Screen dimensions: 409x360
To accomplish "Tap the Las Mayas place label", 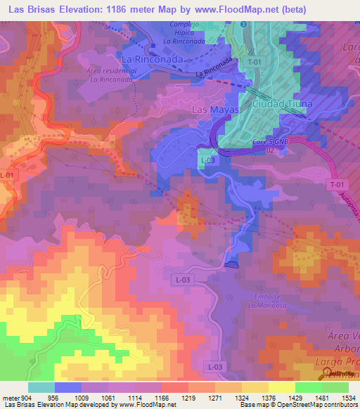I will (215, 111).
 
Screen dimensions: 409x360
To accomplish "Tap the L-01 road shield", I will (8, 175).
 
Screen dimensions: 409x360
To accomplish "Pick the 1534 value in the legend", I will (347, 396).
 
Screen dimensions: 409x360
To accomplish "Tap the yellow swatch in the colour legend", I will (281, 387).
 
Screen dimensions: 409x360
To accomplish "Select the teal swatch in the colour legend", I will (41, 387).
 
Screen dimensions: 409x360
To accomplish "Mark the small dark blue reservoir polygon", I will (233, 264).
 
